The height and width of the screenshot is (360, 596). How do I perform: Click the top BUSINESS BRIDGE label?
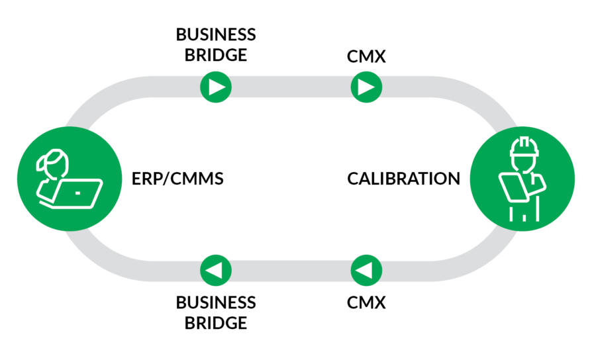216,44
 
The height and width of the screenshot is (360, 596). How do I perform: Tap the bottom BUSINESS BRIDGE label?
216,312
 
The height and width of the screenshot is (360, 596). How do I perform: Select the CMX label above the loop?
366,56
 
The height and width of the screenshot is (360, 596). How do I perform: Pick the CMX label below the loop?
366,303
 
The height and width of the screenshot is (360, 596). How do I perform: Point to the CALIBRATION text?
403,179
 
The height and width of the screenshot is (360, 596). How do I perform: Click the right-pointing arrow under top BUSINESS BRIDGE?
216,86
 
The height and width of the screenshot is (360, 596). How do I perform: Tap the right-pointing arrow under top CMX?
366,86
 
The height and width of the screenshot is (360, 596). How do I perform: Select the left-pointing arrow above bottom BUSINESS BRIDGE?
216,270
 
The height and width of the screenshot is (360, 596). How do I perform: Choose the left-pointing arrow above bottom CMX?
366,270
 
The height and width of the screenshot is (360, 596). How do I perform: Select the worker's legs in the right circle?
522,213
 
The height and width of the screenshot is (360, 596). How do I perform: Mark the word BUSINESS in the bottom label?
216,302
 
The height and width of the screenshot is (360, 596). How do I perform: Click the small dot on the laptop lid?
77,193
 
